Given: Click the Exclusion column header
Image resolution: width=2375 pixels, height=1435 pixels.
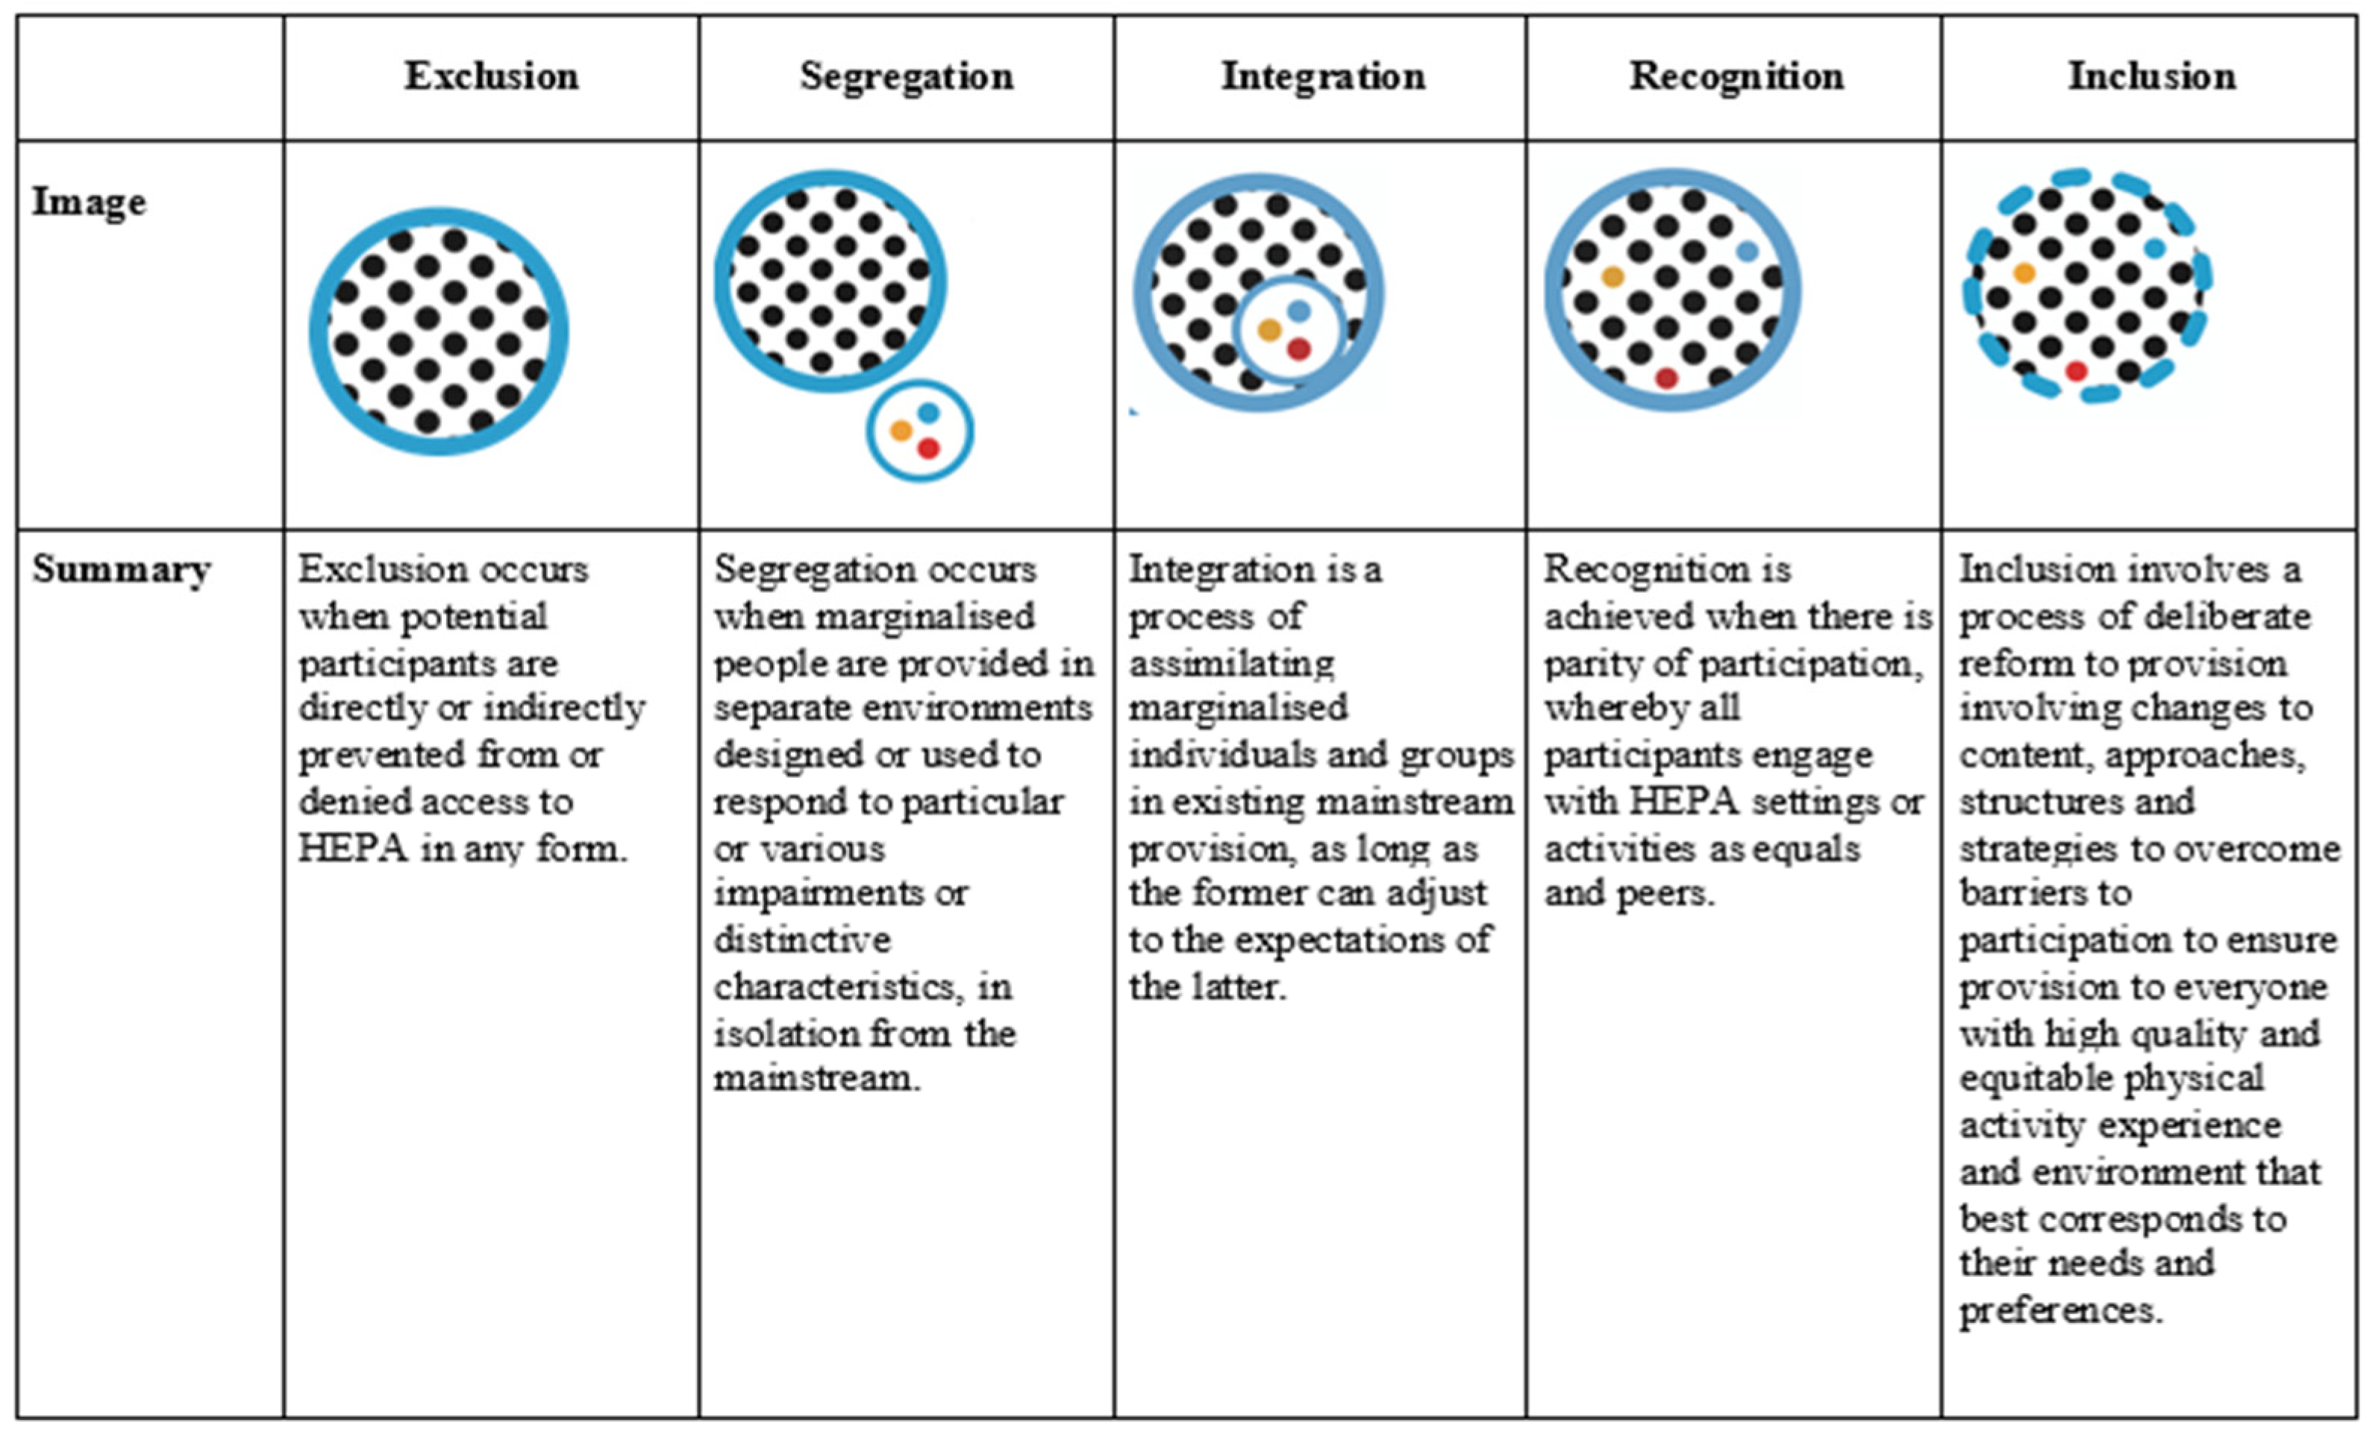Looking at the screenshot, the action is point(492,76).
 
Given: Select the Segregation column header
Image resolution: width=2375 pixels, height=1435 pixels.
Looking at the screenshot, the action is point(906,76).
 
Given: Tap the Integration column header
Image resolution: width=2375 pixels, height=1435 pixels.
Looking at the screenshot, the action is point(1322,76).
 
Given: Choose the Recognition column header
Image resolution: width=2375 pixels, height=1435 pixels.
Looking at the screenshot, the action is point(1736,76).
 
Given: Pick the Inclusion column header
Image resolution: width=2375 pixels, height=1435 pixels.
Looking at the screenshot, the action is point(2151,76).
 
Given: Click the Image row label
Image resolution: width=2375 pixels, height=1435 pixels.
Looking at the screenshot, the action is point(90,202).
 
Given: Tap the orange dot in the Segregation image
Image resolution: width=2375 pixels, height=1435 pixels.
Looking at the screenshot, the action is point(901,430).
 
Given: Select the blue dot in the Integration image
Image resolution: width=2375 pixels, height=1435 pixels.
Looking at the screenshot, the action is point(1298,311).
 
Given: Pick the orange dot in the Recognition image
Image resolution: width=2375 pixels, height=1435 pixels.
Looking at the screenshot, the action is point(1612,278).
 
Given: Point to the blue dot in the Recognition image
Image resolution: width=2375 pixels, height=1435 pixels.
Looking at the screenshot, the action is point(1747,252).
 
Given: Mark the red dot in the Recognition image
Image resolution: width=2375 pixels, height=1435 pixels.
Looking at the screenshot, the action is point(1667,378).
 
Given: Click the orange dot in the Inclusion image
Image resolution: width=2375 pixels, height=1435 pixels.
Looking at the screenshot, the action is point(2024,273).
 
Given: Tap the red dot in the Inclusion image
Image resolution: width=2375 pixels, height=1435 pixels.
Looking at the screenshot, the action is point(2077,371).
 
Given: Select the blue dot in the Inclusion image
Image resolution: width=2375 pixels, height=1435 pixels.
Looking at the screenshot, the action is point(2155,248).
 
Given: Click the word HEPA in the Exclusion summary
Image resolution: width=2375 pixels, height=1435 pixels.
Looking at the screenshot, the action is point(353,849).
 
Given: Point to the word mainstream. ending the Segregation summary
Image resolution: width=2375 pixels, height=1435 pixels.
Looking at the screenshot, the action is point(816,1078).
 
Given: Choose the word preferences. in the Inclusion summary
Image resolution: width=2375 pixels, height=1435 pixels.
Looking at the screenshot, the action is point(2061,1310).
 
